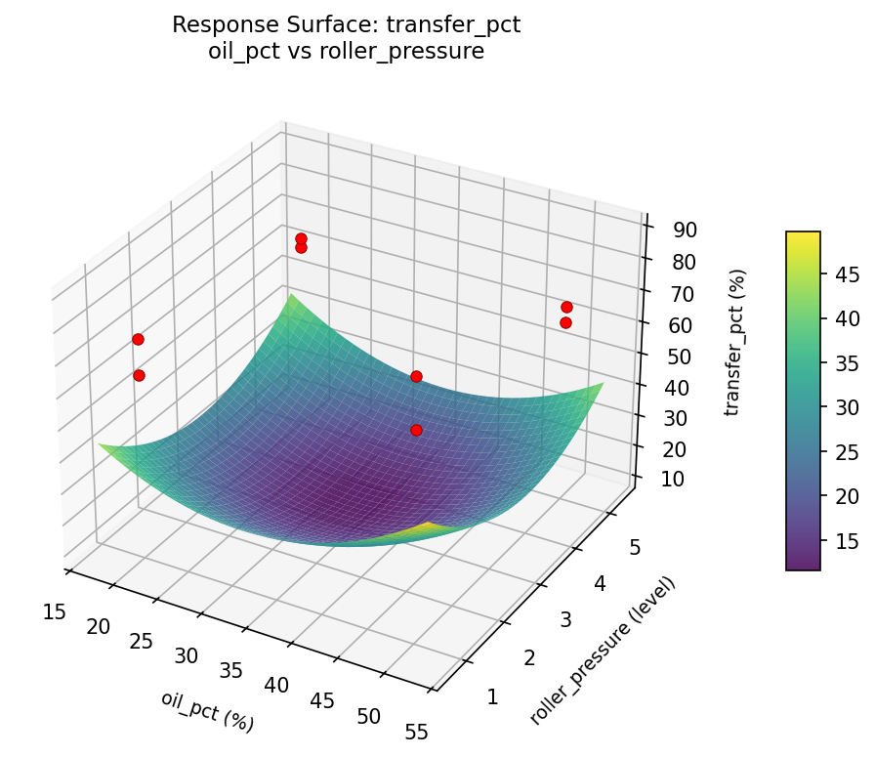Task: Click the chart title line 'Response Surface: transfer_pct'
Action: point(346,25)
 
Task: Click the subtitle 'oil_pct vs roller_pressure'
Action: point(346,52)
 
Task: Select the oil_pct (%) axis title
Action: point(207,711)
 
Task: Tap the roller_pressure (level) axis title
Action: point(603,651)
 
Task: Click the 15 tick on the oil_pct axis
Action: point(55,611)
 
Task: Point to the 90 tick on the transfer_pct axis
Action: point(685,231)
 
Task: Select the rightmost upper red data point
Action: point(566,307)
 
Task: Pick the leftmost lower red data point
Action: point(139,375)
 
